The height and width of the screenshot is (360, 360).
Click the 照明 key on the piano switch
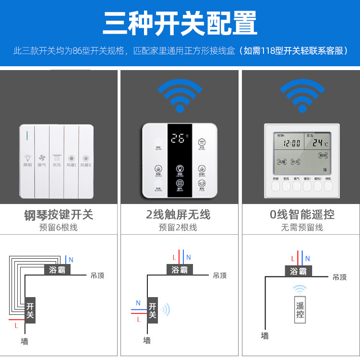(x=27, y=160)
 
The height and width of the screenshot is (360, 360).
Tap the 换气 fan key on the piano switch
(x=42, y=160)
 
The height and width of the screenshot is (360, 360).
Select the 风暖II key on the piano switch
(x=86, y=160)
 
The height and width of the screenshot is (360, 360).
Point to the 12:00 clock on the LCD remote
(x=291, y=143)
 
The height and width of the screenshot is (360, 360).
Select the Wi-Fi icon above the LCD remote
(x=302, y=95)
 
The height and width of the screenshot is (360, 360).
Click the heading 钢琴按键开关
(x=59, y=215)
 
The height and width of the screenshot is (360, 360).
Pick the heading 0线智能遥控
(x=302, y=215)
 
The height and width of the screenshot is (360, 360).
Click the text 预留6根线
(x=59, y=228)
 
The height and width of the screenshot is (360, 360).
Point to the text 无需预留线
(x=302, y=228)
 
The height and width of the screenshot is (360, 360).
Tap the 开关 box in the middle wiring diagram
(x=153, y=310)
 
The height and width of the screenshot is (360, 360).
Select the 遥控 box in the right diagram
(x=300, y=310)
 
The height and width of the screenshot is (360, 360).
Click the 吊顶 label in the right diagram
(x=339, y=277)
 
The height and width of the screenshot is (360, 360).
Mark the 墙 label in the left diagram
(x=24, y=341)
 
